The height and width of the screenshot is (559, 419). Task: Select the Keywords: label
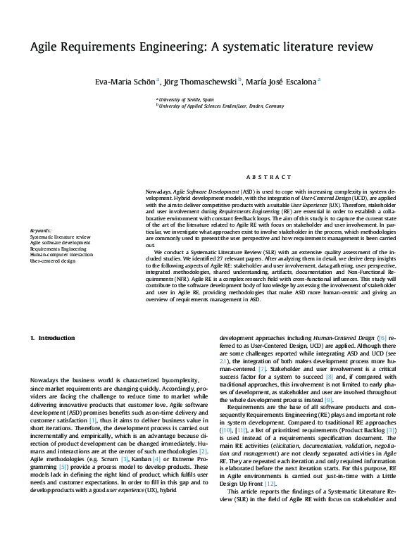[x=41, y=230]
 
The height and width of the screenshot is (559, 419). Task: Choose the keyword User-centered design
[x=52, y=260]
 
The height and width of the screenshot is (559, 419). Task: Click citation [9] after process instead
[x=328, y=400]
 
